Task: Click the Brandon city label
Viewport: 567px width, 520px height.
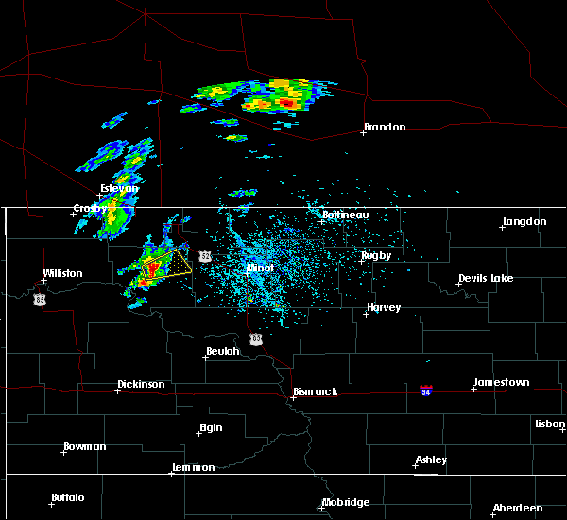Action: [x=385, y=128]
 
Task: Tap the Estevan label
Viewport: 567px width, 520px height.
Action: [x=119, y=188]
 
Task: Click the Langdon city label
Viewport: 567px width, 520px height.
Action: [x=524, y=221]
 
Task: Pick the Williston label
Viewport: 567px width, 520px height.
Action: [x=62, y=273]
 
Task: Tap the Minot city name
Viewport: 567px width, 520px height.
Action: [x=260, y=268]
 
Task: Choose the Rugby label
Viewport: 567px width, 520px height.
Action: [x=375, y=256]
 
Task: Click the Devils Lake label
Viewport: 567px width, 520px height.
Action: [x=486, y=278]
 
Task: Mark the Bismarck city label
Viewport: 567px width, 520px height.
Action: [x=315, y=391]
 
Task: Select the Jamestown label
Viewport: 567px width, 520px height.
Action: [x=502, y=382]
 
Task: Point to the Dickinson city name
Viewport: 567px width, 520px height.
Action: [x=141, y=385]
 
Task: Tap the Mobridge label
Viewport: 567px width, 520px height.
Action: [x=345, y=502]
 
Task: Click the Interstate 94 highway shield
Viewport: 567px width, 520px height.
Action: [x=426, y=390]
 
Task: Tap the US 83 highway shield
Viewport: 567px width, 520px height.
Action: [x=256, y=338]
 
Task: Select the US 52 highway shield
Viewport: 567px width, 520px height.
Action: [x=205, y=256]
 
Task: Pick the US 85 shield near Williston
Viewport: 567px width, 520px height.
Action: [x=40, y=299]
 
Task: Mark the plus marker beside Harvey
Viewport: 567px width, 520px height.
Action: [x=366, y=314]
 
